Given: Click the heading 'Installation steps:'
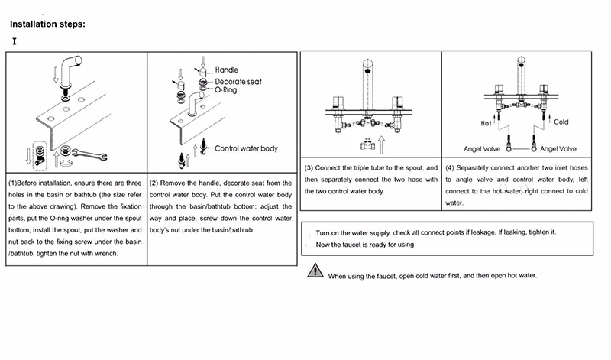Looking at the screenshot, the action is (47, 24).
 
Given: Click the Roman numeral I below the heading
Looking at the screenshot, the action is (15, 41).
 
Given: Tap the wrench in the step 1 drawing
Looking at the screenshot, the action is (89, 154).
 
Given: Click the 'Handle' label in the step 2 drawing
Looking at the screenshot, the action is (226, 70).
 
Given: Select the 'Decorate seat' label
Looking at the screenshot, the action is (238, 82).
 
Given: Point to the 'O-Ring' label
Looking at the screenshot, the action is (225, 90).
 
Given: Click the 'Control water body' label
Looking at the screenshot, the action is (246, 148).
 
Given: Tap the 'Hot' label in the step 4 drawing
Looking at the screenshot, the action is (486, 123).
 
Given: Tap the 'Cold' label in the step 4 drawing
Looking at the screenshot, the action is (561, 122).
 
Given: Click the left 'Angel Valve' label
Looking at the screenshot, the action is (482, 149).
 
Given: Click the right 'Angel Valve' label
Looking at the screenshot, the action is (558, 149).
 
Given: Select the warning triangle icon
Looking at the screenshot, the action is (315, 270).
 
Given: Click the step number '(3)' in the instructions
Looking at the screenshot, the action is (309, 168).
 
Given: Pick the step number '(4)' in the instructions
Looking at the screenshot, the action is (450, 168).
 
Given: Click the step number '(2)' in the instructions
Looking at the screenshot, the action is (154, 183).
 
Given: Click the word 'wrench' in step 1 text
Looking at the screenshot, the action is (106, 254).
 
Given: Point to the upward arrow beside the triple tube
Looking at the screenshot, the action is (381, 144).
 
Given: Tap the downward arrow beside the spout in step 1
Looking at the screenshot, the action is (56, 74).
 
